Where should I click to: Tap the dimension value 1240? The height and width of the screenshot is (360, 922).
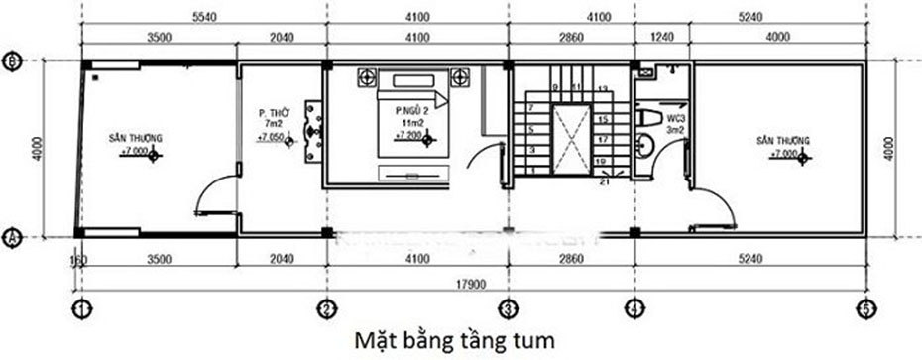[659, 38]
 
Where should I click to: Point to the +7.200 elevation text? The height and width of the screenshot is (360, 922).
[410, 133]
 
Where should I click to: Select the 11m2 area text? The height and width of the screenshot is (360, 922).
[408, 121]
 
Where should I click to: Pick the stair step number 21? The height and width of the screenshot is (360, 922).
[605, 181]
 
